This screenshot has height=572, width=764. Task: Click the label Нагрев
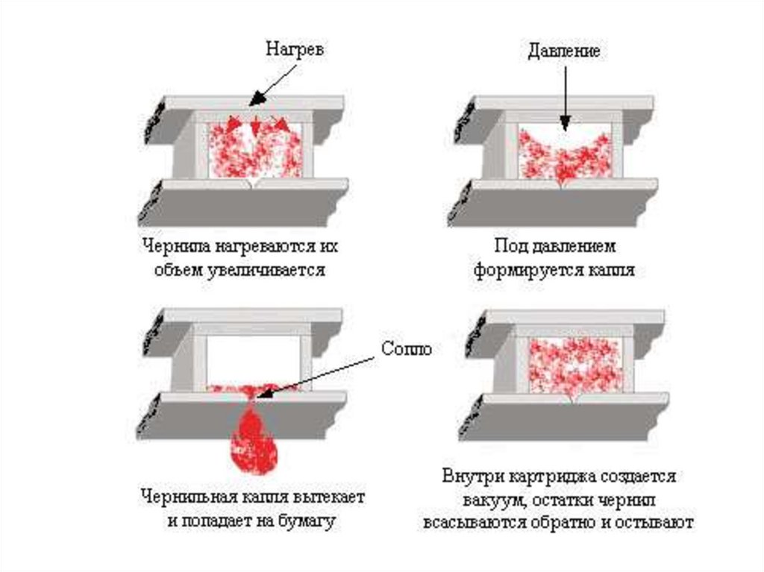tap(295, 50)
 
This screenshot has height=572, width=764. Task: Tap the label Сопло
tap(406, 348)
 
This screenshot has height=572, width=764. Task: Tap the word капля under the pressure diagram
tap(610, 270)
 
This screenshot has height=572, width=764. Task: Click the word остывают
tap(657, 522)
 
